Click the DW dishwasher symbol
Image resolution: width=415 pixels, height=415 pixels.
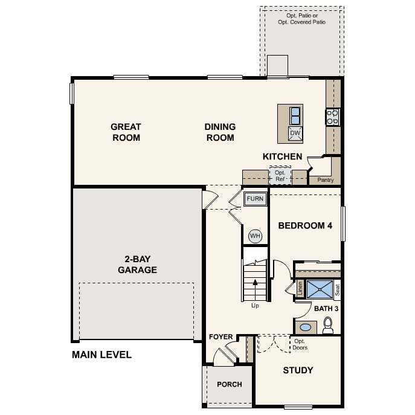tap(295, 133)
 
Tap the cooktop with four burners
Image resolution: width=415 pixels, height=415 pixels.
tap(333, 117)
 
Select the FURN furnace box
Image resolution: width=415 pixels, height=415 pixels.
tap(255, 199)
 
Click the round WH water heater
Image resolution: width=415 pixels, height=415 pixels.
tap(255, 236)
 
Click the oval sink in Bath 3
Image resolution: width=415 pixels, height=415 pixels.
tap(306, 327)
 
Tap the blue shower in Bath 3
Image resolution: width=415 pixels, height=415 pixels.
tap(320, 289)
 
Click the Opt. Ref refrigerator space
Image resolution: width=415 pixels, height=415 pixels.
tap(280, 176)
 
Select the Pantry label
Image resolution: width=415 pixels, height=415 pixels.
tap(326, 180)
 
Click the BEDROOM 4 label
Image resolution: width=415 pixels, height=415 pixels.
tap(305, 225)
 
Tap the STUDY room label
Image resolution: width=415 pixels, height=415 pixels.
tap(298, 370)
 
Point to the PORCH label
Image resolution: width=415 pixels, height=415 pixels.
tap(230, 384)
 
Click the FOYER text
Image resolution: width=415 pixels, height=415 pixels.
tap(220, 337)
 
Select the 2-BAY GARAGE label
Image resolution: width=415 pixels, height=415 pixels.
tap(137, 265)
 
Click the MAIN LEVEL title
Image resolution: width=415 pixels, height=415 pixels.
tap(101, 355)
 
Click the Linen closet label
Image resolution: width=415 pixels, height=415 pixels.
tap(300, 289)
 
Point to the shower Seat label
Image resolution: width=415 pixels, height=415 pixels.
tap(338, 290)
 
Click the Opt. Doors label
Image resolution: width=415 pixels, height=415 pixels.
tap(300, 344)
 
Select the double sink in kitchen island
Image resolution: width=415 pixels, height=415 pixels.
tap(295, 115)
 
